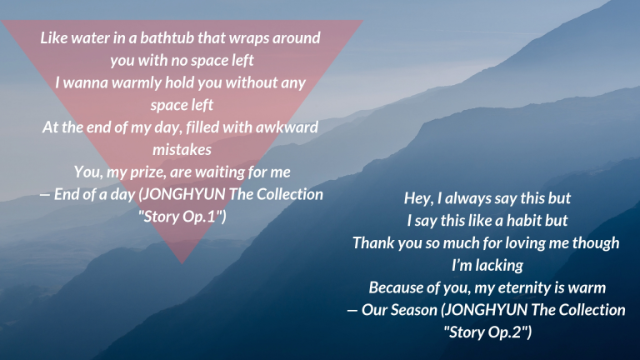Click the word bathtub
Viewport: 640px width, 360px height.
coord(167,38)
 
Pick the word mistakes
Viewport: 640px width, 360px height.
coord(182,150)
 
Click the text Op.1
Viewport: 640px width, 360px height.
coord(199,217)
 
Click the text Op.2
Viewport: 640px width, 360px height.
coord(505,332)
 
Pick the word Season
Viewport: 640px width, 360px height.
coord(412,311)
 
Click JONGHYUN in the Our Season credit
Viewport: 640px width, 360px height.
coord(484,311)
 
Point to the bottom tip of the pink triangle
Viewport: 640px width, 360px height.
coord(182,263)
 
